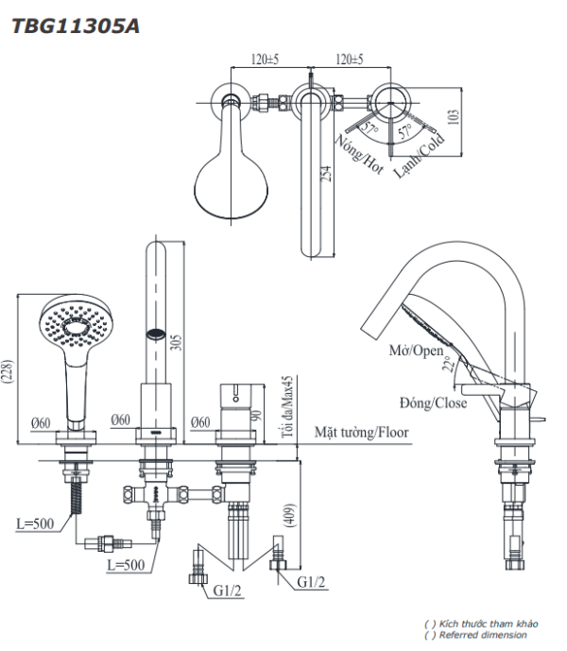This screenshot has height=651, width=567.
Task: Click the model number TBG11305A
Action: point(74,26)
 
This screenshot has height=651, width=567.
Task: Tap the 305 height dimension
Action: point(173,342)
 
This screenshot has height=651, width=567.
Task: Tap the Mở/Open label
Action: point(416,351)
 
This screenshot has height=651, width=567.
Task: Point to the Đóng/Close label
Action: point(431,403)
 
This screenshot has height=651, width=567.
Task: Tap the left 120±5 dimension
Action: point(265,59)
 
